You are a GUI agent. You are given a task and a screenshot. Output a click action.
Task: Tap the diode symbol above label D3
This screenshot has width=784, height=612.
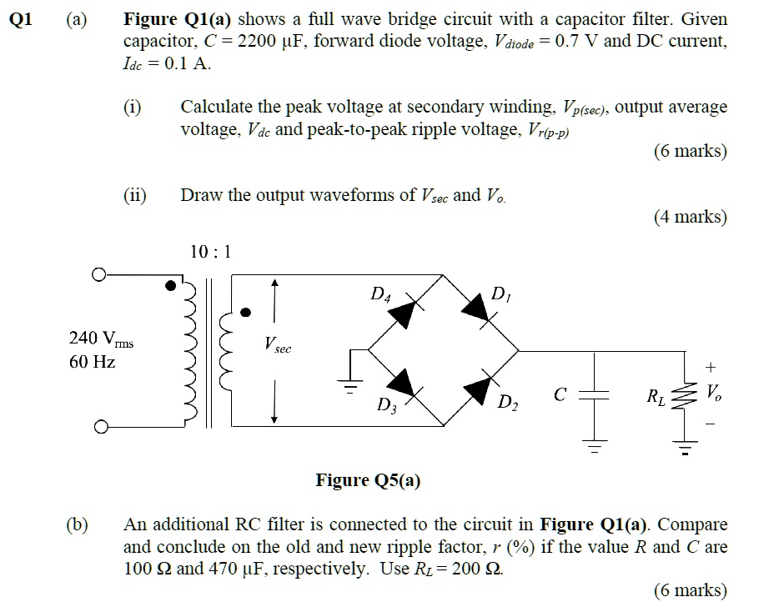(404, 384)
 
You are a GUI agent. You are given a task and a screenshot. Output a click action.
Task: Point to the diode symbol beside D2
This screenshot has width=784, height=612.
(478, 386)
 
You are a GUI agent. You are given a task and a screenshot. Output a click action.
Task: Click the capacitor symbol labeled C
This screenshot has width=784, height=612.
(595, 396)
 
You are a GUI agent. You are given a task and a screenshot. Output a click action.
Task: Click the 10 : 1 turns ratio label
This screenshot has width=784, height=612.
(210, 250)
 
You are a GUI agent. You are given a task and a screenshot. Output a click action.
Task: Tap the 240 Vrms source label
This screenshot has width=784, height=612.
(101, 339)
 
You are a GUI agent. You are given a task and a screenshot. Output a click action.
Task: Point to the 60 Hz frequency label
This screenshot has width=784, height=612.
(92, 362)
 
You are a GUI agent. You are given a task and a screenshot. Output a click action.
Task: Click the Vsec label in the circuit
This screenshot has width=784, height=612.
(277, 344)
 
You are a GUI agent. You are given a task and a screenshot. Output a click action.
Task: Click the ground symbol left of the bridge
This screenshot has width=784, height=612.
(351, 384)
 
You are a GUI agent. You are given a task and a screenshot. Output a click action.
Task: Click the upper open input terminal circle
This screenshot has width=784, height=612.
(99, 273)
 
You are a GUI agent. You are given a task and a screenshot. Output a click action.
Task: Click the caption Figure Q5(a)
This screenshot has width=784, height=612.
(368, 479)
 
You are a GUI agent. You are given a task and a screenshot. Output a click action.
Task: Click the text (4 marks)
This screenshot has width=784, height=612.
(690, 217)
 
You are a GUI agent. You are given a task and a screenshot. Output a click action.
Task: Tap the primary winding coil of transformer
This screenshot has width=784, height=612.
(188, 350)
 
